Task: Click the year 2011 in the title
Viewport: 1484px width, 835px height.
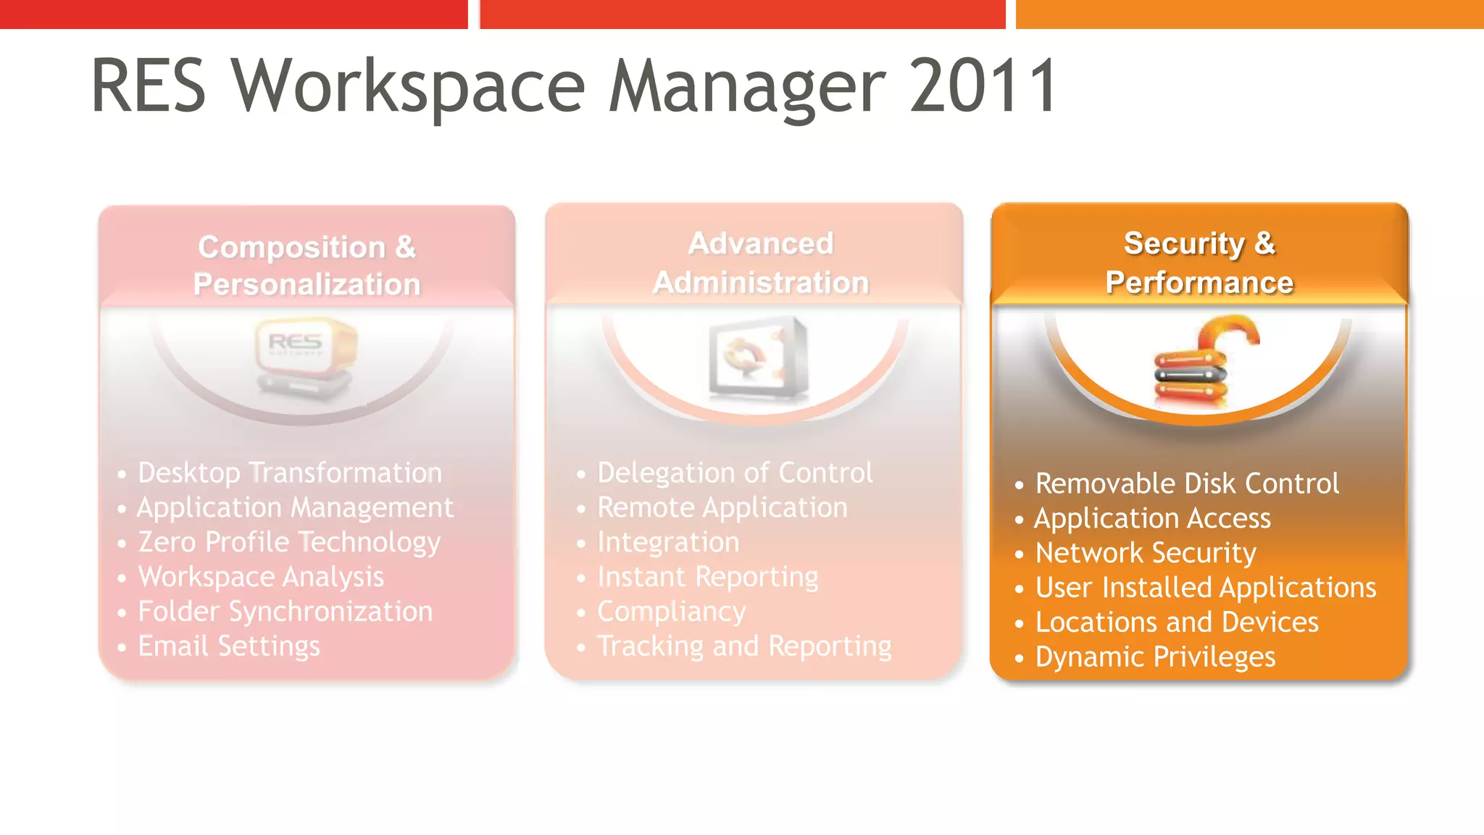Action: [983, 86]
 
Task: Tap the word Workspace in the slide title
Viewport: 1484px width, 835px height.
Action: [408, 86]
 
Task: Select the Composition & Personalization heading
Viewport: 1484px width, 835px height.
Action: [307, 265]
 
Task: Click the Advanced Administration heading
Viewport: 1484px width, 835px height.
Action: [760, 262]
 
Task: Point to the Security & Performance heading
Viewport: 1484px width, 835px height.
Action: [1199, 262]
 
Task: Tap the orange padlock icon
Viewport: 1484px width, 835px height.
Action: [1203, 362]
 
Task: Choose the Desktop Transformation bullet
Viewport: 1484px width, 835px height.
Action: [290, 473]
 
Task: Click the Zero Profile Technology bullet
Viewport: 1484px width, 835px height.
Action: [289, 542]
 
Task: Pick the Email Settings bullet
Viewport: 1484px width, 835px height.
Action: [229, 646]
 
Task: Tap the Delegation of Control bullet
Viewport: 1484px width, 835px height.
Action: [735, 473]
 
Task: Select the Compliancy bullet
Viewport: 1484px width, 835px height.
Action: [671, 612]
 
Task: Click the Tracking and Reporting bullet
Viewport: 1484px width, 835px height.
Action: [744, 646]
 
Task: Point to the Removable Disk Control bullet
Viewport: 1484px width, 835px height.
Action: [1187, 483]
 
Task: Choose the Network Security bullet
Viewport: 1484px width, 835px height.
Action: [1146, 553]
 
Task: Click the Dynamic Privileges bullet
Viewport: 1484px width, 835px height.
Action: [1155, 657]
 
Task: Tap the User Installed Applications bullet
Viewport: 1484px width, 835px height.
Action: [1206, 587]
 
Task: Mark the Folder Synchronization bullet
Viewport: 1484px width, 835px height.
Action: [285, 612]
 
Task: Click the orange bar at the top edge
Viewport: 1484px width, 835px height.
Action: [1249, 14]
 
